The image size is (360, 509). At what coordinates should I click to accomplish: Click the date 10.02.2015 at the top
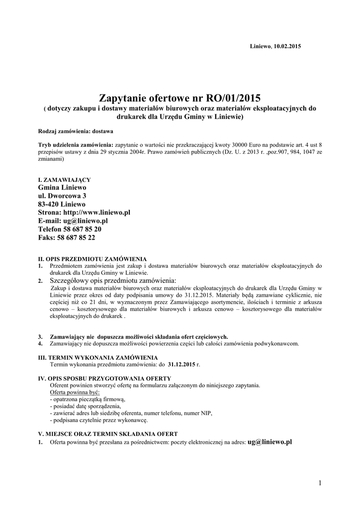coord(287,46)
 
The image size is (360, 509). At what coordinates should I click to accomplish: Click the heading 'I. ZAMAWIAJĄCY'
coord(64,179)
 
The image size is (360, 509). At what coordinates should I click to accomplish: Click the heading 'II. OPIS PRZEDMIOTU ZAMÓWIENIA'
coord(92,259)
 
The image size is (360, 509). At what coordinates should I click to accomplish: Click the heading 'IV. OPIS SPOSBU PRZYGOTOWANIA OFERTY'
coord(104,378)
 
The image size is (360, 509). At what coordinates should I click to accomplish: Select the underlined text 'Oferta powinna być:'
coord(75,392)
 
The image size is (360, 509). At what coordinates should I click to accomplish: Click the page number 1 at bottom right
coord(321,483)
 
